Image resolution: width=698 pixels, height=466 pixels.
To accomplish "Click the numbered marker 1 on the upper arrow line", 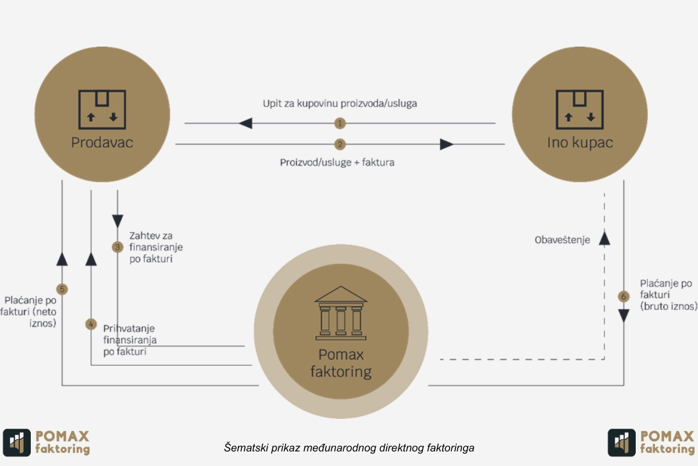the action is point(340,123).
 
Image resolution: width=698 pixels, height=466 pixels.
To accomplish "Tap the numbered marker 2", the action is point(340,144).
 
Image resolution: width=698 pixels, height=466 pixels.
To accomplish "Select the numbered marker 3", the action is point(117,247).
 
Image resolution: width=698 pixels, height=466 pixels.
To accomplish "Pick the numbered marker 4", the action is point(91,324).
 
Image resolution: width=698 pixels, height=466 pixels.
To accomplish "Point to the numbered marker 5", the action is point(62,290).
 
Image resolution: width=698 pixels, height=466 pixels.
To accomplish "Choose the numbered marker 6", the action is point(624,296).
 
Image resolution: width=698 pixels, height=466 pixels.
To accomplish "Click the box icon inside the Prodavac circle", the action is point(102,110).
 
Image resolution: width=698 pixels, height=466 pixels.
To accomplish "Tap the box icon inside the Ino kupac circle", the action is point(579,110).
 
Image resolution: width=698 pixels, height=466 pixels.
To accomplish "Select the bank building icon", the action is point(341,313).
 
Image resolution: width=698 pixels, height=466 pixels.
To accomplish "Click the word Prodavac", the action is point(102,143).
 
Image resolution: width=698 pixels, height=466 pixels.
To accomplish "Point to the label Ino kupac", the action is point(580,143).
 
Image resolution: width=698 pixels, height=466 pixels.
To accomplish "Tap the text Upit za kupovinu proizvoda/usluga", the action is point(340,103).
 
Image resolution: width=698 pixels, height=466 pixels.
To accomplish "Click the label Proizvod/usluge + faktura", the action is point(337,163).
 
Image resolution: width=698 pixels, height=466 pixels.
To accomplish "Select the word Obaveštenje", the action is point(562,240).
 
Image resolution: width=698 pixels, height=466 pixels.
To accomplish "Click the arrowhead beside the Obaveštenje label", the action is point(604,238).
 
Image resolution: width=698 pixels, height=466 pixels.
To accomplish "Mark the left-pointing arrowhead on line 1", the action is point(245,123).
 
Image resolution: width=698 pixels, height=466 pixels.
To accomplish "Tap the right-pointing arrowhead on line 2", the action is point(447,144).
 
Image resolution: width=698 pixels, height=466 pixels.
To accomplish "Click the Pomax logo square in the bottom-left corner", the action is point(17,443).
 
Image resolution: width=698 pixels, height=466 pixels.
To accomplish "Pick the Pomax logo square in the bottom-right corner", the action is point(622,443).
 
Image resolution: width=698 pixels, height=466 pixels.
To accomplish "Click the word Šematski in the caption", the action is point(246,447).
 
